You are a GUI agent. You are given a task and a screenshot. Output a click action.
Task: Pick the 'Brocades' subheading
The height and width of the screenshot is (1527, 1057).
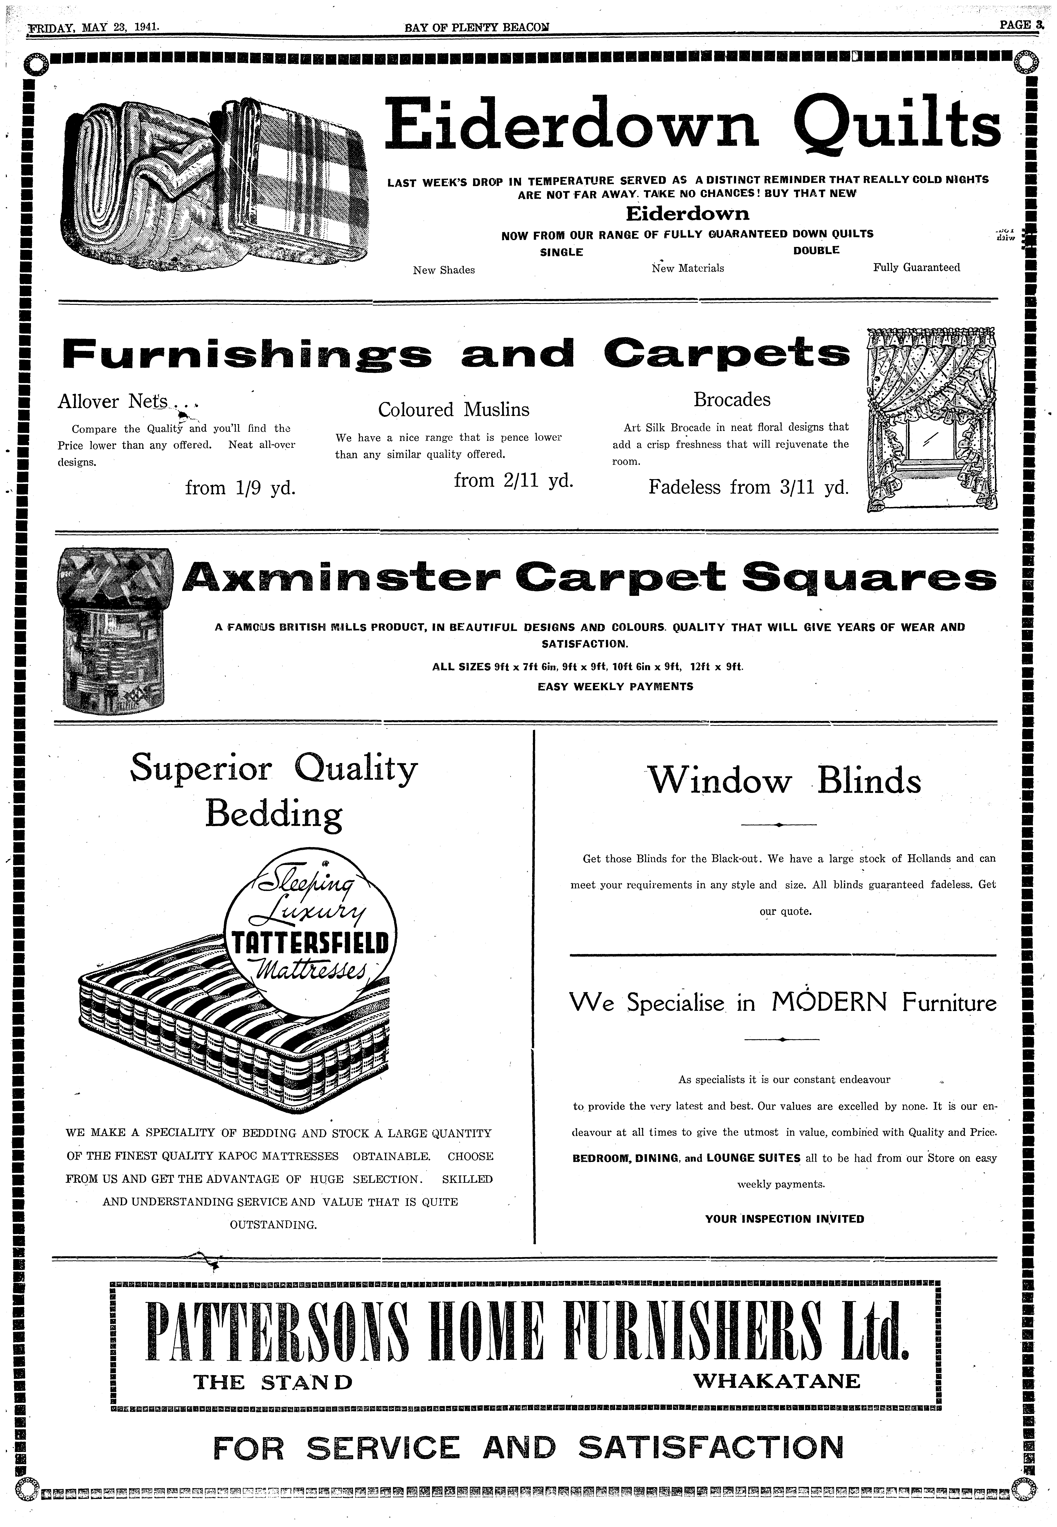[732, 400]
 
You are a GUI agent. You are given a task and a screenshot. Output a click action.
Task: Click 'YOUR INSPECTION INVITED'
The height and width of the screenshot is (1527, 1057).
[784, 1219]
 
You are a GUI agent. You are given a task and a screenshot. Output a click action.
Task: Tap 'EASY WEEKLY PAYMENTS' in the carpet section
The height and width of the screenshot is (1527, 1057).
[615, 686]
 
